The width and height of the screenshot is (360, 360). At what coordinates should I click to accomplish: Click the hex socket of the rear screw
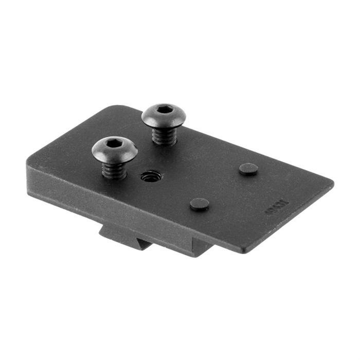[164, 109]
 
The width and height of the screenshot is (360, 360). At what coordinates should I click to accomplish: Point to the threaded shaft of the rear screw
[165, 135]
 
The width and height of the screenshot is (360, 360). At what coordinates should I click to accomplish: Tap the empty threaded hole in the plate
[151, 177]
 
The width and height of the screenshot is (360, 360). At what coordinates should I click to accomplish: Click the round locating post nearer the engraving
[249, 169]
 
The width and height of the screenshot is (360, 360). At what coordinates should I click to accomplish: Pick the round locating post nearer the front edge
[200, 204]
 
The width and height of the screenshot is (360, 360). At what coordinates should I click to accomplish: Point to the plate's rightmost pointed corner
[332, 183]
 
